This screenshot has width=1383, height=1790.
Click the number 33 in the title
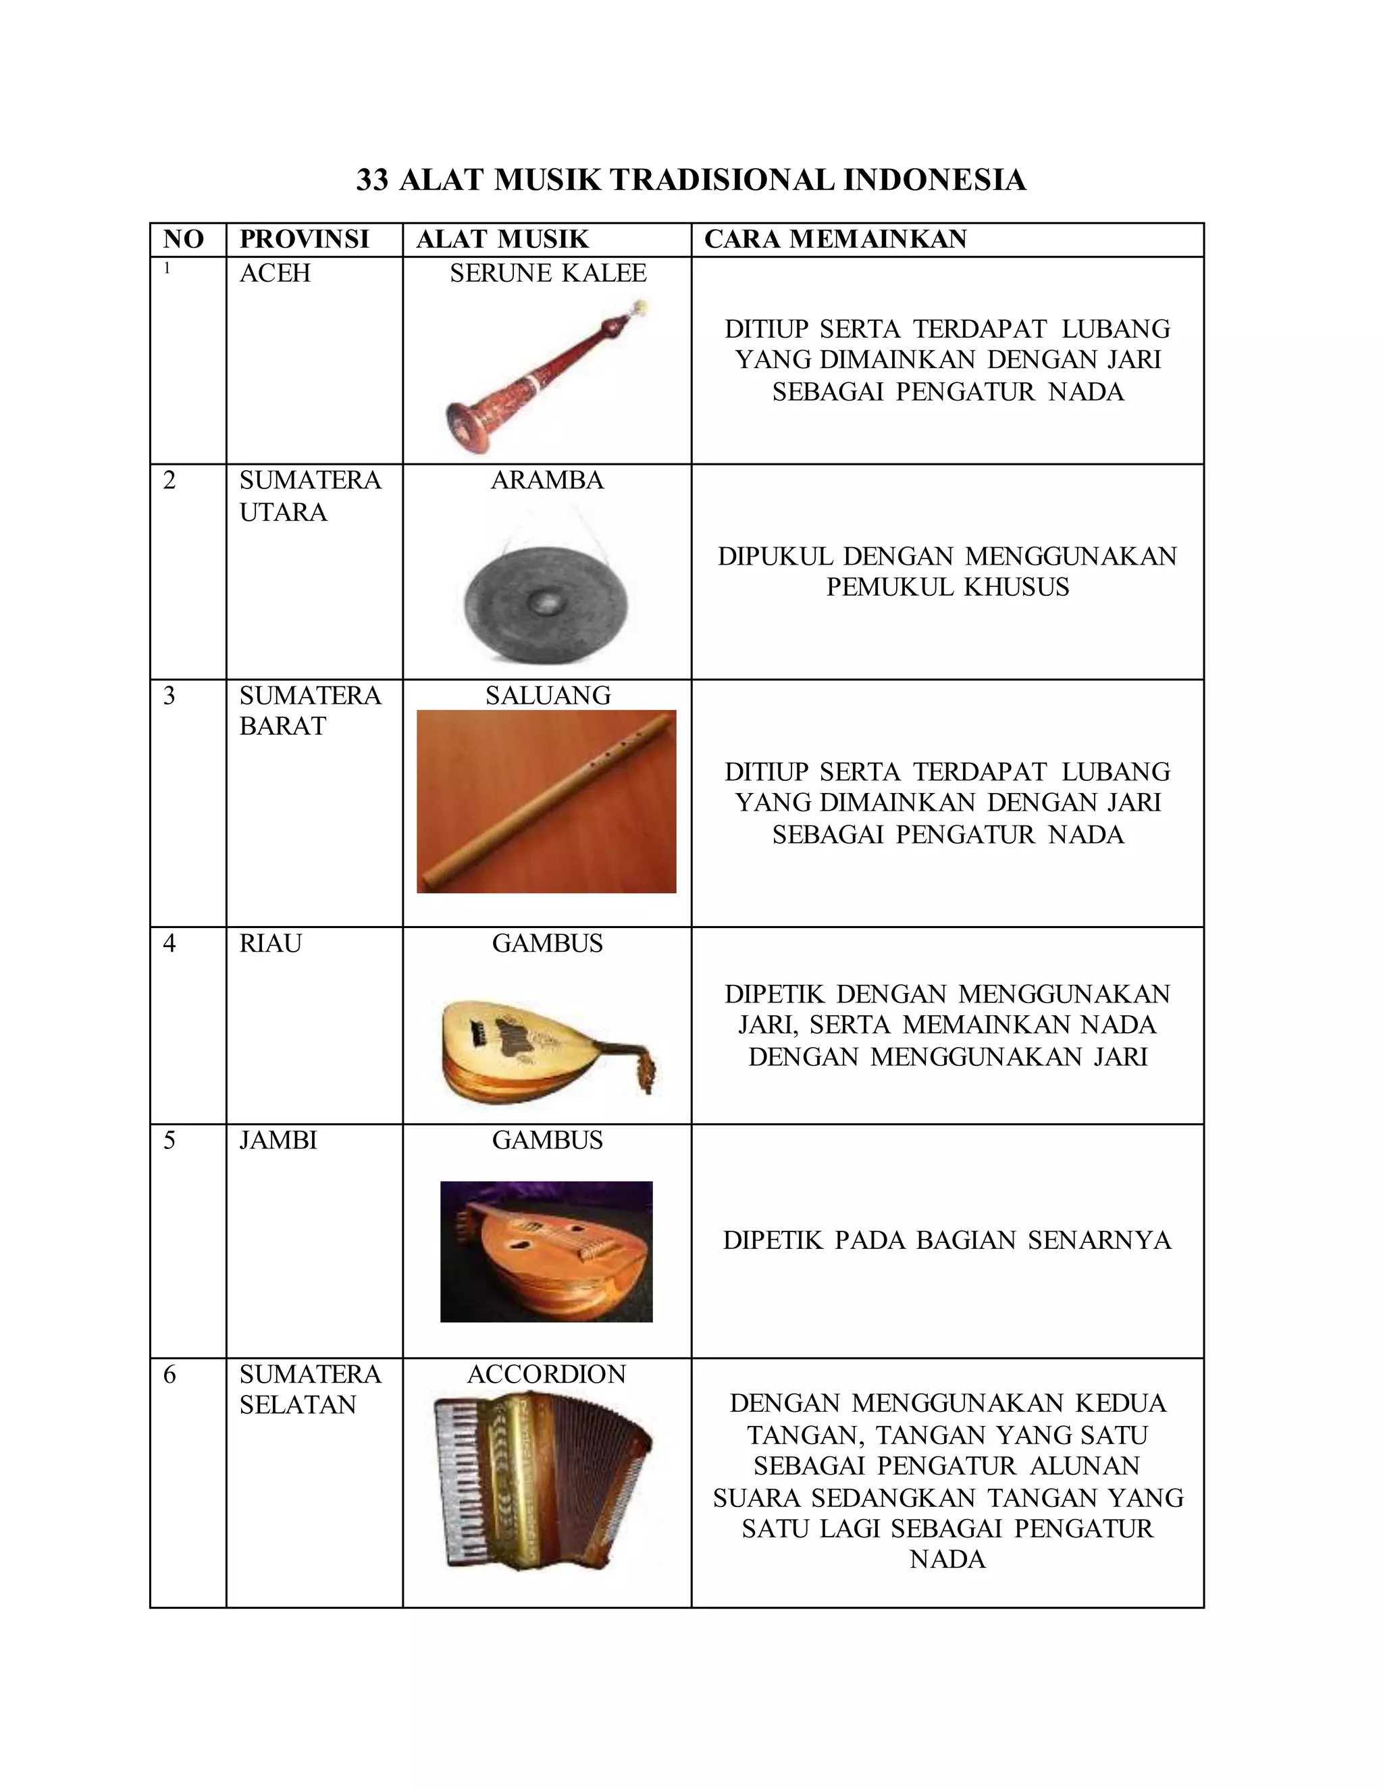point(372,180)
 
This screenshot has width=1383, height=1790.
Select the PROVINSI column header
point(304,239)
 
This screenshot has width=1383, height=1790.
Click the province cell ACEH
point(274,273)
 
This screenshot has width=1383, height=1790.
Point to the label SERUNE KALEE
point(547,273)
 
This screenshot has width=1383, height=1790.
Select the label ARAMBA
point(546,480)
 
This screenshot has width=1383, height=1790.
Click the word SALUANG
point(547,696)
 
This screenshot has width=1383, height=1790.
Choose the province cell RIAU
point(270,944)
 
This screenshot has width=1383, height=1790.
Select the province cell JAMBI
point(278,1140)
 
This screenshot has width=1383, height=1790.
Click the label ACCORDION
point(546,1375)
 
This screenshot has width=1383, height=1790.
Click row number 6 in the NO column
point(169,1375)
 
